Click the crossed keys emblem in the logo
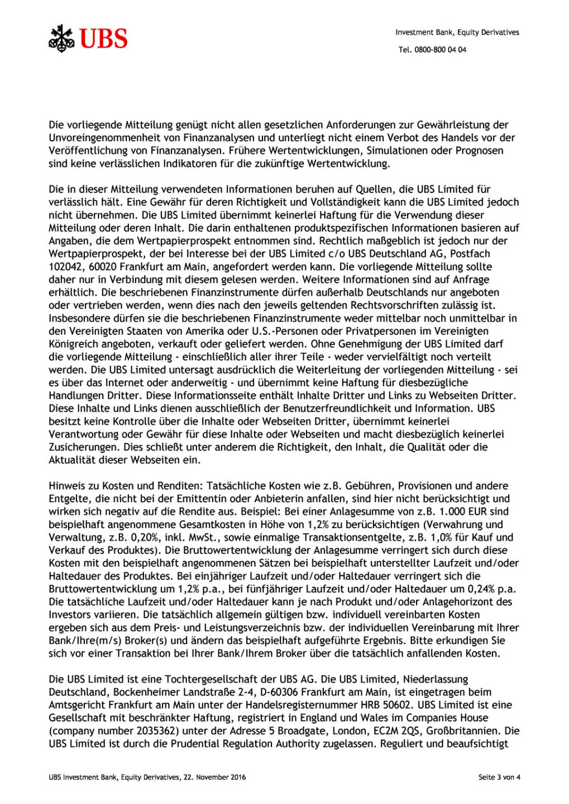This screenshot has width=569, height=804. [61, 39]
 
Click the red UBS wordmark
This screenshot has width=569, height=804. [103, 39]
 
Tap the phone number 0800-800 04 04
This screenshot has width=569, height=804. [440, 50]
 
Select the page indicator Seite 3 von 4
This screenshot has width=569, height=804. [499, 777]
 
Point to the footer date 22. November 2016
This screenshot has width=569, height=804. [215, 777]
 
